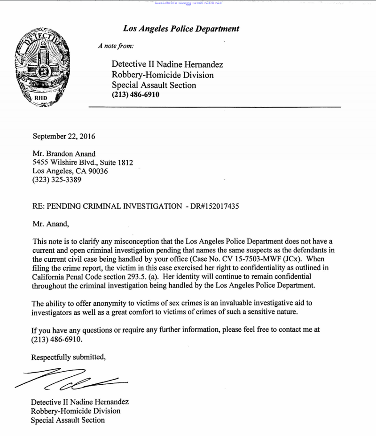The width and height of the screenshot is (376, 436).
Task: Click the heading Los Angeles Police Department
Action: [x=181, y=29]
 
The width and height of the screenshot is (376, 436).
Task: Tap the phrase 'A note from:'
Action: [x=116, y=46]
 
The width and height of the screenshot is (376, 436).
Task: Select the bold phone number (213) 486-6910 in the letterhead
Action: [x=135, y=94]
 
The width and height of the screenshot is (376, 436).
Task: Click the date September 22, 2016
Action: [x=64, y=137]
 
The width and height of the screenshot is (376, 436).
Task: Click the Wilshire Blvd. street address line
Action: [x=83, y=163]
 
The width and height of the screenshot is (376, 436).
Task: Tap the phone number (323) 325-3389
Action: [x=57, y=179]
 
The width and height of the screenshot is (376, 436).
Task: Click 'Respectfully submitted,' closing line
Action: [x=69, y=357]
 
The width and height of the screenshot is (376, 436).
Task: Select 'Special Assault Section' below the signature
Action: [x=68, y=420]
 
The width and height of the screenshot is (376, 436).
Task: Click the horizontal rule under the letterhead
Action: [x=214, y=108]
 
